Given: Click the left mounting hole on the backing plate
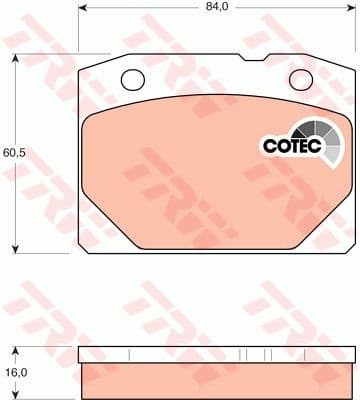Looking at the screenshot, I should click(132, 78).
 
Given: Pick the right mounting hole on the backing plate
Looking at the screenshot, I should click(300, 78).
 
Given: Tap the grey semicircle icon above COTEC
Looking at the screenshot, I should click(317, 130).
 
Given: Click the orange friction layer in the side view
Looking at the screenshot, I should click(215, 374).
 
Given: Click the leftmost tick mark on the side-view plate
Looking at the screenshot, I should click(130, 353).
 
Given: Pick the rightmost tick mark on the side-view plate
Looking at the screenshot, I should click(300, 353).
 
